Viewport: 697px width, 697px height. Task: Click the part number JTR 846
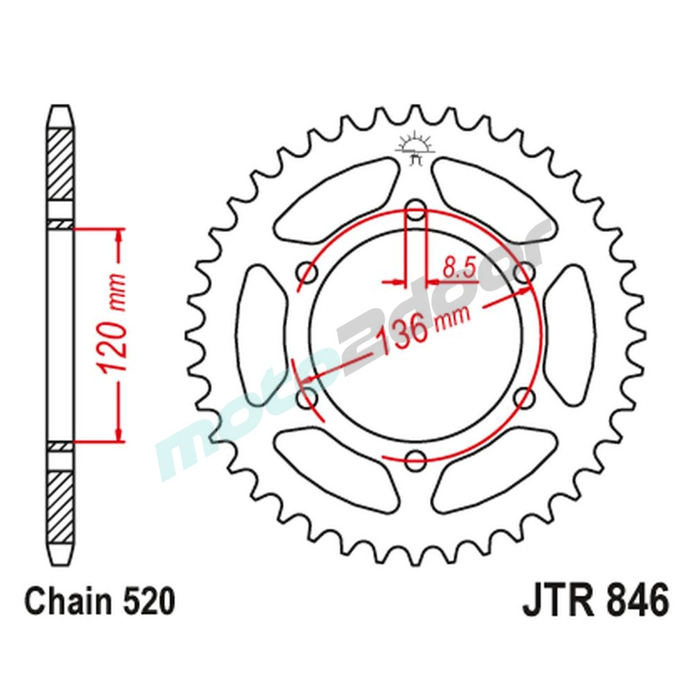(595, 601)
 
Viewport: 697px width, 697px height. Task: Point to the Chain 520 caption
(100, 602)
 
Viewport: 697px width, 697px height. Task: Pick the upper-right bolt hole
(524, 271)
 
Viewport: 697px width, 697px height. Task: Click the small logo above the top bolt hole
(415, 148)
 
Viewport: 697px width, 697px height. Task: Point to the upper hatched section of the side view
(61, 164)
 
